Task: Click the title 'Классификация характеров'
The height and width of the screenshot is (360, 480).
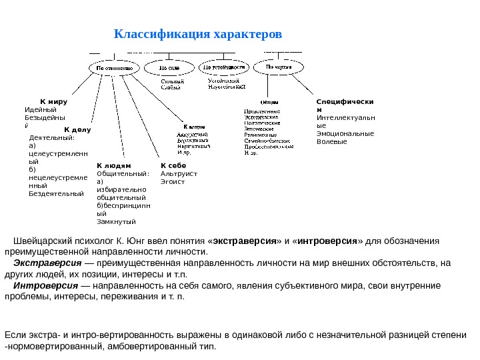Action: click(198, 34)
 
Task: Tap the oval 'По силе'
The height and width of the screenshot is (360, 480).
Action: click(169, 67)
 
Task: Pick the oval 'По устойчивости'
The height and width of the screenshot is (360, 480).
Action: click(225, 67)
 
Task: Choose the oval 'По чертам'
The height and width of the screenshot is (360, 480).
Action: click(278, 67)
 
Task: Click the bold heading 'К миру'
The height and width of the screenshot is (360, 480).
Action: click(53, 102)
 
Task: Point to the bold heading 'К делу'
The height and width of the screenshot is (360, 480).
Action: click(77, 129)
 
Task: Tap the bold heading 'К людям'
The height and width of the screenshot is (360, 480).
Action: click(114, 165)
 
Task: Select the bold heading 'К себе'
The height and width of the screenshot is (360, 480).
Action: click(173, 165)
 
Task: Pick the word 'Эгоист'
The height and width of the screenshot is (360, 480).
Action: click(172, 181)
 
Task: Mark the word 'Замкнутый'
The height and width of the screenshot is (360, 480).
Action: click(116, 221)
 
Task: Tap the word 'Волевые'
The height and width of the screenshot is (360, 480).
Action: click(332, 141)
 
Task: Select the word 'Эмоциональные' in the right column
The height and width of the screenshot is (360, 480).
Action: click(345, 133)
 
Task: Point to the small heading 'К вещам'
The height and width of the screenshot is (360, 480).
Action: click(194, 126)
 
